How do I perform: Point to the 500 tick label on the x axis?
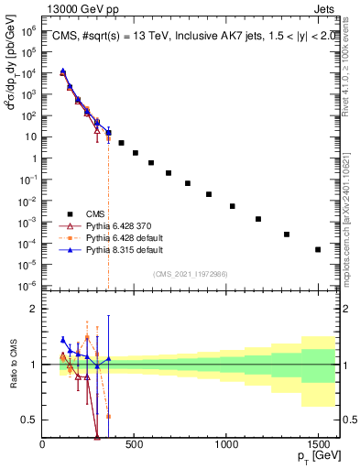pos(135,443)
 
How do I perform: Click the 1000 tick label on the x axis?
pos(226,443)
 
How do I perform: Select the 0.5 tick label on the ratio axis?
pos(29,420)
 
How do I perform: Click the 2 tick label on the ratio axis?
pos(33,309)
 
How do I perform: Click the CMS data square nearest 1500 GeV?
pos(318,249)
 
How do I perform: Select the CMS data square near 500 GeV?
pos(136,153)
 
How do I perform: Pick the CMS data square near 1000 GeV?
pos(233,206)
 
